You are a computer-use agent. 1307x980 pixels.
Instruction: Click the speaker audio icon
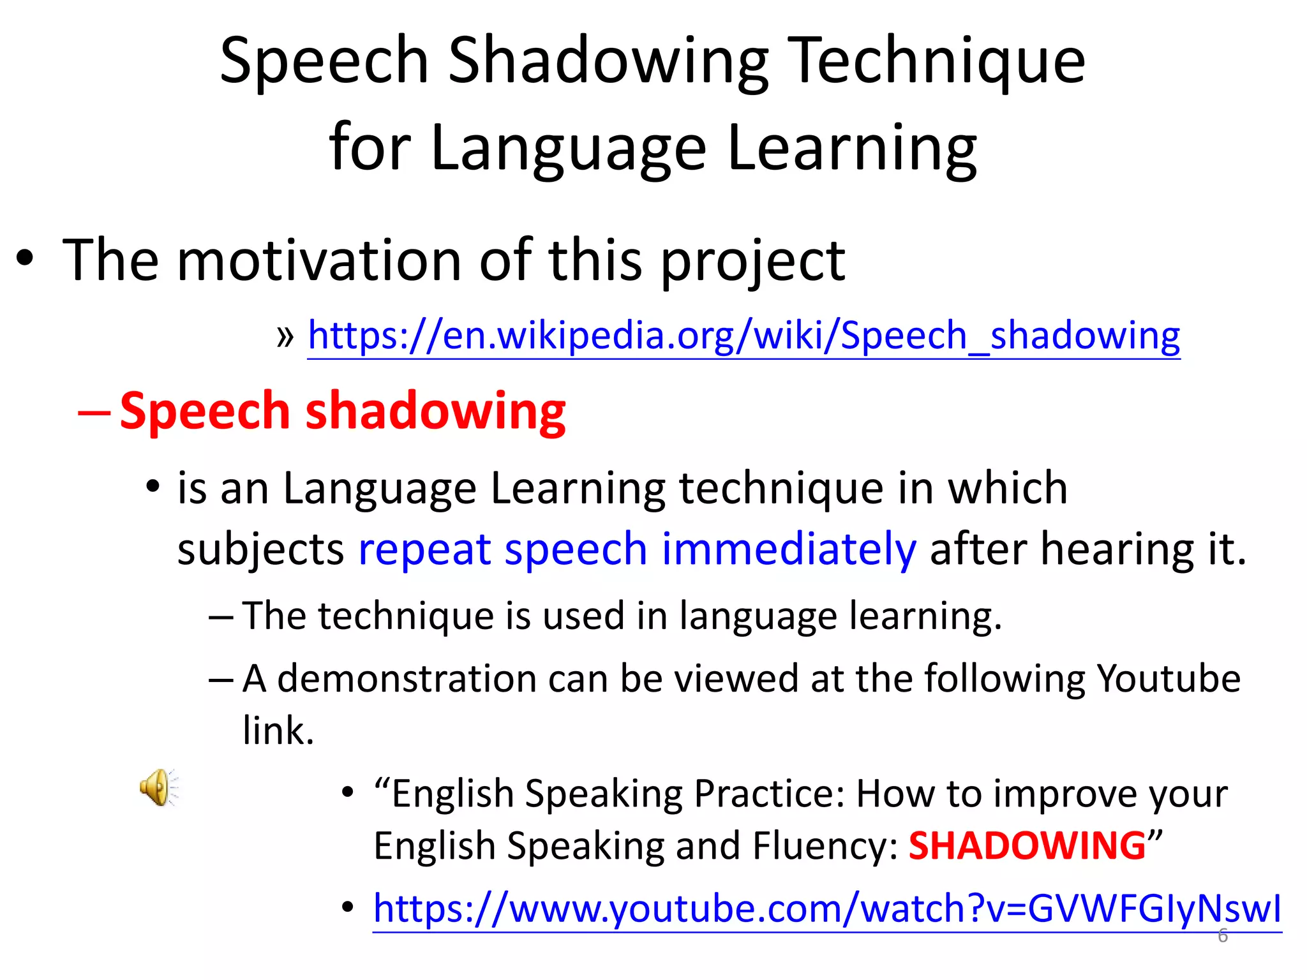point(158,787)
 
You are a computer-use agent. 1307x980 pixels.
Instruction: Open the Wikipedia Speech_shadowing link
point(743,336)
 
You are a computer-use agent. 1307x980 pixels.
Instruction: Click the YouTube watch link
point(827,909)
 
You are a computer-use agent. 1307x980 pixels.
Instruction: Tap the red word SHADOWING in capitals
point(1027,846)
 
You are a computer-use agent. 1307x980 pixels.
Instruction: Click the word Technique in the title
point(938,61)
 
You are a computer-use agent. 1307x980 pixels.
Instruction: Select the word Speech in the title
point(324,61)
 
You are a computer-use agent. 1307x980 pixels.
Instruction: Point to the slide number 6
point(1222,936)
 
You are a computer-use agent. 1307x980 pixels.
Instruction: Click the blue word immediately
point(789,549)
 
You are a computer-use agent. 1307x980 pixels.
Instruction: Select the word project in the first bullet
point(753,262)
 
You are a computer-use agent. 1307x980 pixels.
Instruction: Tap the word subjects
point(260,550)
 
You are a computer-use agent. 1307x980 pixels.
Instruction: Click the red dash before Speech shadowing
point(93,412)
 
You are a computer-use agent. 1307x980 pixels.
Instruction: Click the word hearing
point(1117,549)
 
